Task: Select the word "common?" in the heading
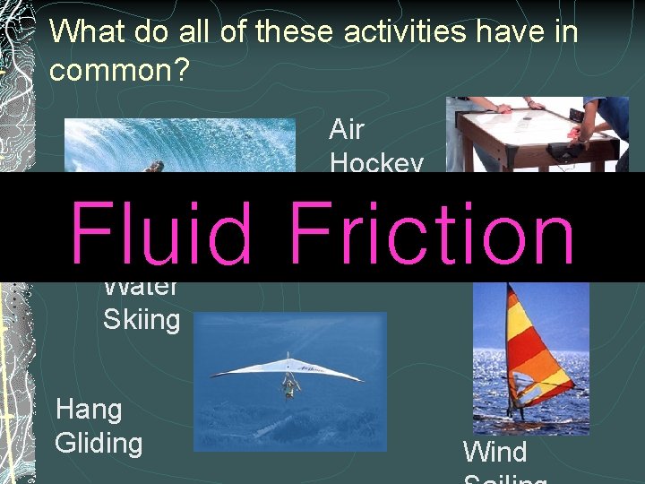click(x=119, y=71)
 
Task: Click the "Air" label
click(x=347, y=130)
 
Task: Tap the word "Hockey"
click(x=376, y=163)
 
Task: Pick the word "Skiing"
click(x=142, y=319)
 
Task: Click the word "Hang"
click(x=89, y=410)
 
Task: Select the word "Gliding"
click(x=99, y=443)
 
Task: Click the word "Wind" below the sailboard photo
click(x=494, y=451)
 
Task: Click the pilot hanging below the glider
click(x=289, y=386)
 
